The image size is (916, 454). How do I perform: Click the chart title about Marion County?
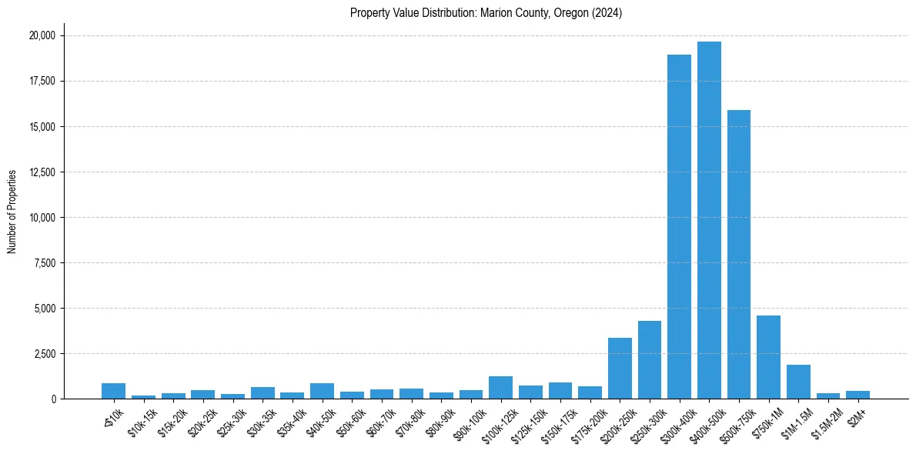(486, 13)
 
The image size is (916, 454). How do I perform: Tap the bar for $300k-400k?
(679, 227)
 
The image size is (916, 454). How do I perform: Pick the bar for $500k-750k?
(739, 255)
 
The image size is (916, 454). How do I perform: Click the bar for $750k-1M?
(768, 357)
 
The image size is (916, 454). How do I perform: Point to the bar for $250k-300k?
(650, 360)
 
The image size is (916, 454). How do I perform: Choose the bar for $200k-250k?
(620, 369)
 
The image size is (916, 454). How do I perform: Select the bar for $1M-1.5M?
(798, 382)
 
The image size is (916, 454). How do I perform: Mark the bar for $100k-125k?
(500, 388)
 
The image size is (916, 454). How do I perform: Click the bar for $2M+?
(857, 395)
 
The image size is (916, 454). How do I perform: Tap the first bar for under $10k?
(113, 391)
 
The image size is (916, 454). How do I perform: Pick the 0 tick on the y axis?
(54, 399)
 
